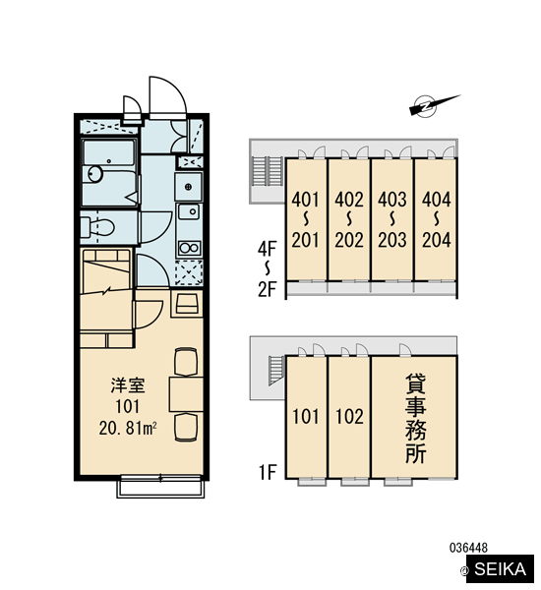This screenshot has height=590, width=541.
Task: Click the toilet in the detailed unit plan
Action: (97, 226)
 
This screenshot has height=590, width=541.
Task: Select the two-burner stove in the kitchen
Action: (189, 249)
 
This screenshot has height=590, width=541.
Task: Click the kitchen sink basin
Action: (189, 211)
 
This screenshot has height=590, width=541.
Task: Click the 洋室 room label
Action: (128, 386)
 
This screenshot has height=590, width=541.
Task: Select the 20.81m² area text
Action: (128, 428)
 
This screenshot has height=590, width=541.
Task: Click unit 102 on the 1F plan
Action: (349, 417)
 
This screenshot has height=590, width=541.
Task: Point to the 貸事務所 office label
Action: (415, 418)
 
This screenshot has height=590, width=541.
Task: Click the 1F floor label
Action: (268, 472)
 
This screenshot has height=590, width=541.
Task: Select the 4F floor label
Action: (267, 249)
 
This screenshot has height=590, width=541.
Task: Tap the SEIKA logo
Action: (500, 569)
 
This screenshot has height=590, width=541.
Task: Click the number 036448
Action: (468, 548)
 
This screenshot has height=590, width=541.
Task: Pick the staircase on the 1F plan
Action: (276, 371)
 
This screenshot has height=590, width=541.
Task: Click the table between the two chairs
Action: (186, 394)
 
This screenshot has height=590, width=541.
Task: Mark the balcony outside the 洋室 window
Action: (160, 488)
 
